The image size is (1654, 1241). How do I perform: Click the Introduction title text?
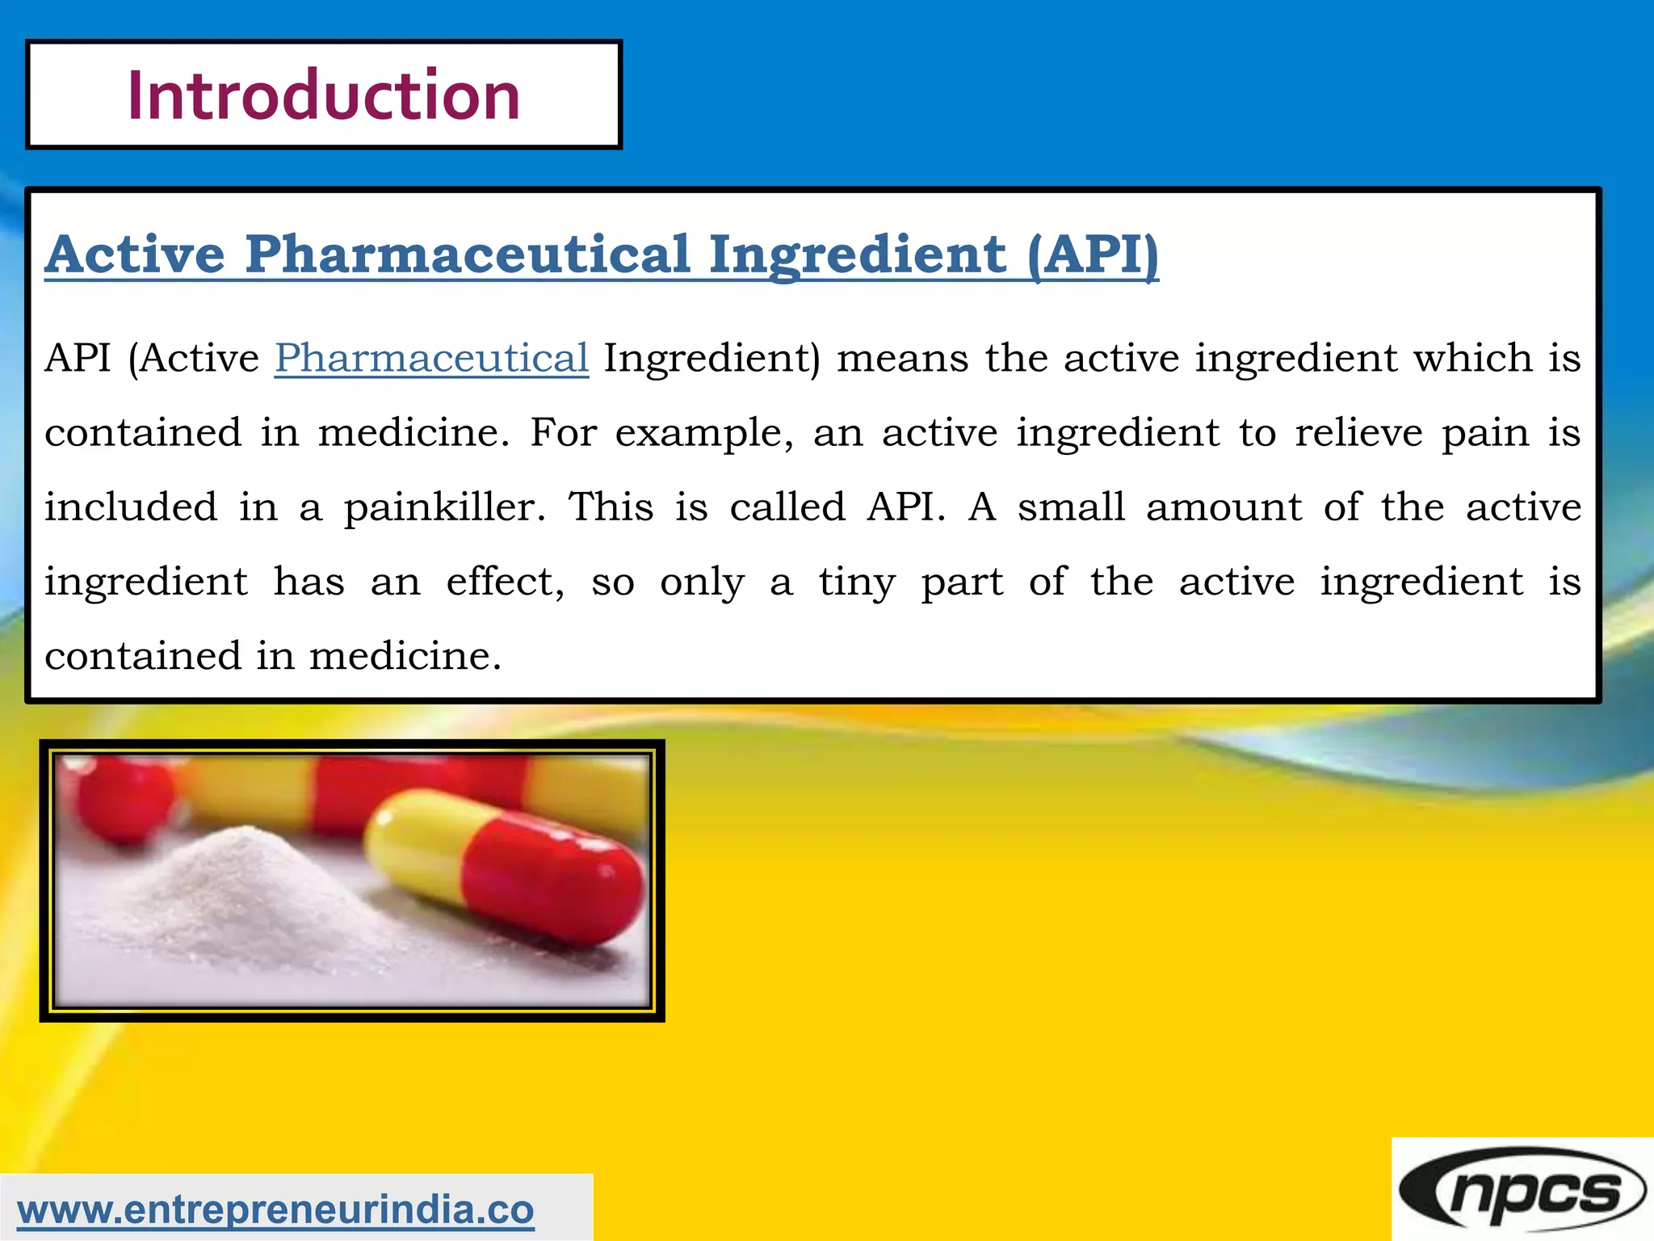(x=323, y=95)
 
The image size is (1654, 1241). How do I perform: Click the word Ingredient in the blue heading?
(x=857, y=255)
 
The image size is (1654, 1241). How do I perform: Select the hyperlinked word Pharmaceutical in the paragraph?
(x=431, y=359)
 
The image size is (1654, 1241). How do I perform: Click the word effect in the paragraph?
(x=505, y=582)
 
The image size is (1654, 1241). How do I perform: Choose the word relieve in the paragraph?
(x=1358, y=433)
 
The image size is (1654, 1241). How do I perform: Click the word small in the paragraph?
(x=1071, y=507)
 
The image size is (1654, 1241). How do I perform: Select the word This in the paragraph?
(x=611, y=507)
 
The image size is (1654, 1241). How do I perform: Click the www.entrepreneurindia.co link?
(x=275, y=1209)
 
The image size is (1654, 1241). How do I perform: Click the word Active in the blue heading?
(x=135, y=255)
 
